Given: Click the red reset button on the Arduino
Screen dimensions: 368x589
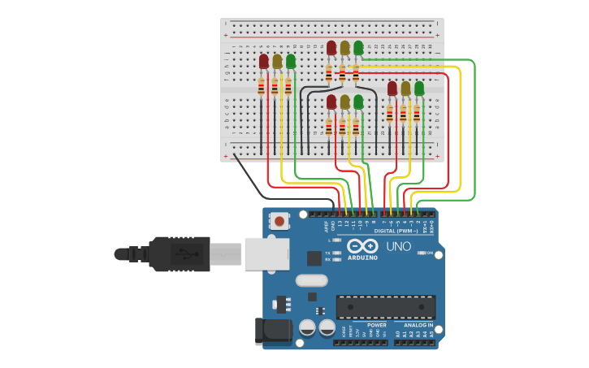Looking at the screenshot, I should click(279, 220).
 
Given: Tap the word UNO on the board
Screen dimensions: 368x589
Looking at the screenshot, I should click(398, 246).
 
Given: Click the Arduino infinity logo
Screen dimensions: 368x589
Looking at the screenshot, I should click(362, 245).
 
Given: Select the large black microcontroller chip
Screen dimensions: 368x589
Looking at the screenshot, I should click(386, 307).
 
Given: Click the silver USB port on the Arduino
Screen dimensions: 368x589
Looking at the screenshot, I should click(266, 253).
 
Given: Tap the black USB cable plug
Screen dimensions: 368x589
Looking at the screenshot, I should click(179, 253).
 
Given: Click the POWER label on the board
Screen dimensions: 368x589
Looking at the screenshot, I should click(365, 325).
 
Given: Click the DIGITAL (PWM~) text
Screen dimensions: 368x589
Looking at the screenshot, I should click(396, 231).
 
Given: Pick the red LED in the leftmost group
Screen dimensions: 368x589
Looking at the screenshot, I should click(263, 61).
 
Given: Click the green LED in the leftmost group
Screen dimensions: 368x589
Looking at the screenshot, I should click(291, 61).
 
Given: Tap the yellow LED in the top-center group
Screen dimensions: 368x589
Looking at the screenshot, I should click(344, 48).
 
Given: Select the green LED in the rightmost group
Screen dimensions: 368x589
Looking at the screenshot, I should click(419, 88).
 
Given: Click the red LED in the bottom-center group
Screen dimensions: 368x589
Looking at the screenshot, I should click(331, 102).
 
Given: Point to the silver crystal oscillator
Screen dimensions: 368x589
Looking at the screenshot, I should click(311, 280).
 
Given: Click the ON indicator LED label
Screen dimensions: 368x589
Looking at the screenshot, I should click(430, 253).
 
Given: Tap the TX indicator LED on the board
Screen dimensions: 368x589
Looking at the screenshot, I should click(336, 253).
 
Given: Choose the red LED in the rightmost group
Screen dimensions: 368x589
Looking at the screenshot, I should click(392, 88).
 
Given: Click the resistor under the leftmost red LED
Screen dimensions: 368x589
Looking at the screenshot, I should click(261, 86).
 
